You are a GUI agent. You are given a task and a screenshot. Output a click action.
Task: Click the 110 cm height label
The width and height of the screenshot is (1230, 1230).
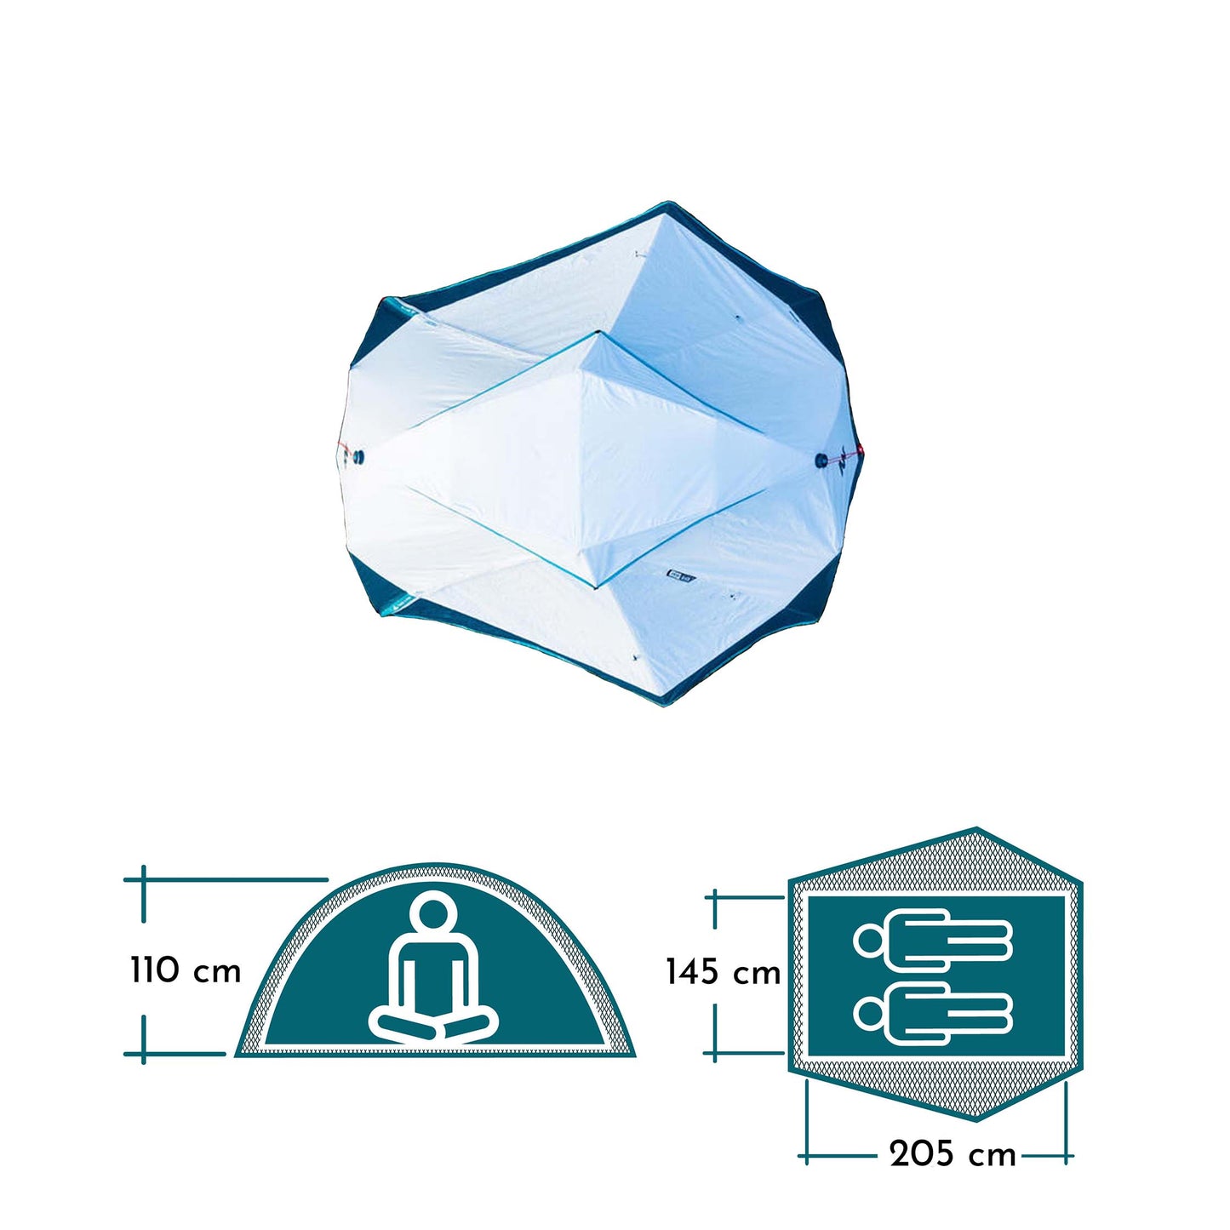point(186,970)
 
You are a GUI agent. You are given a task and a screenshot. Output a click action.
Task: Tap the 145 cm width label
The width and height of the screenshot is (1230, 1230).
point(723,972)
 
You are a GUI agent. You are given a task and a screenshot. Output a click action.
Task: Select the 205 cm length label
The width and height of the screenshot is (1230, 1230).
point(953,1155)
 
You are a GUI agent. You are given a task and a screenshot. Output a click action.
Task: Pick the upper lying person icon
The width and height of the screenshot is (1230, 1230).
point(933,939)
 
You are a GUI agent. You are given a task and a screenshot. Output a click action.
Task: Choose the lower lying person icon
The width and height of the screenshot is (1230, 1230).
point(933,1013)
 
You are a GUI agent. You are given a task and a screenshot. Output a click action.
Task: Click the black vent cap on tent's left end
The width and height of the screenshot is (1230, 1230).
point(358,457)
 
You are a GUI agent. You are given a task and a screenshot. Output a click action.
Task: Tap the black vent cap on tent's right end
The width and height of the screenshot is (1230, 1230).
point(821,461)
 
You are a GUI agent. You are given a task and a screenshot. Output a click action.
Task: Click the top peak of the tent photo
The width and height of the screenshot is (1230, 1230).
point(666,204)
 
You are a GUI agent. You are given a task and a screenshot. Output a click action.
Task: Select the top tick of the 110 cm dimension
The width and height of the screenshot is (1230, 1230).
point(144,879)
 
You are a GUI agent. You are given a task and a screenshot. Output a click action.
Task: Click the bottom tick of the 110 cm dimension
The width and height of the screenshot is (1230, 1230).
point(144,1054)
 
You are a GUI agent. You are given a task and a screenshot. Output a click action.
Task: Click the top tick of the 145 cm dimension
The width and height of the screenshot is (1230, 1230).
point(715,896)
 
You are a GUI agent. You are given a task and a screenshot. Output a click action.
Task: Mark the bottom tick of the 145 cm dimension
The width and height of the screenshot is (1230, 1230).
point(715,1053)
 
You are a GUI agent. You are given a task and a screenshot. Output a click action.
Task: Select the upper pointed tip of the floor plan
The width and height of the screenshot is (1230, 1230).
point(976,828)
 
